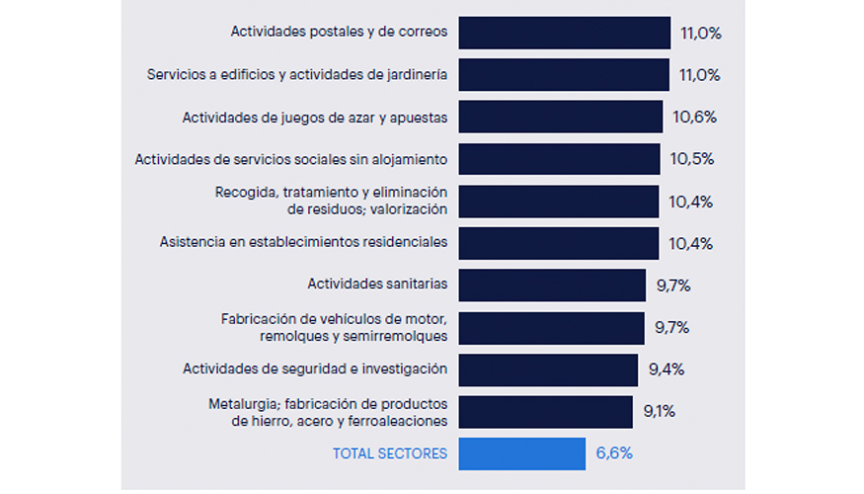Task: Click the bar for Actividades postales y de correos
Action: click(x=565, y=33)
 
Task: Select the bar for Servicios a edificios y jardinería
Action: click(x=565, y=74)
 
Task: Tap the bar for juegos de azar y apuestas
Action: click(x=561, y=117)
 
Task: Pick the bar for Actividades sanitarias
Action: click(x=553, y=285)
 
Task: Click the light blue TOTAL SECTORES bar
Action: click(x=522, y=453)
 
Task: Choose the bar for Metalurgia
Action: click(x=546, y=412)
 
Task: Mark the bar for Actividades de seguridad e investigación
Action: click(x=549, y=370)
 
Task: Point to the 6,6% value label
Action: click(x=614, y=453)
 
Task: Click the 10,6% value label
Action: click(x=694, y=117)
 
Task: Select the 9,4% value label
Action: click(x=667, y=370)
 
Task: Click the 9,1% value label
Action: click(x=660, y=412)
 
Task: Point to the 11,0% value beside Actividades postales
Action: click(x=701, y=33)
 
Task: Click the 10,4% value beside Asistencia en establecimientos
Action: click(x=690, y=243)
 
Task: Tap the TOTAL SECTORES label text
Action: click(x=389, y=453)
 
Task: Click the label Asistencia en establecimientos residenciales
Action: click(x=303, y=242)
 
